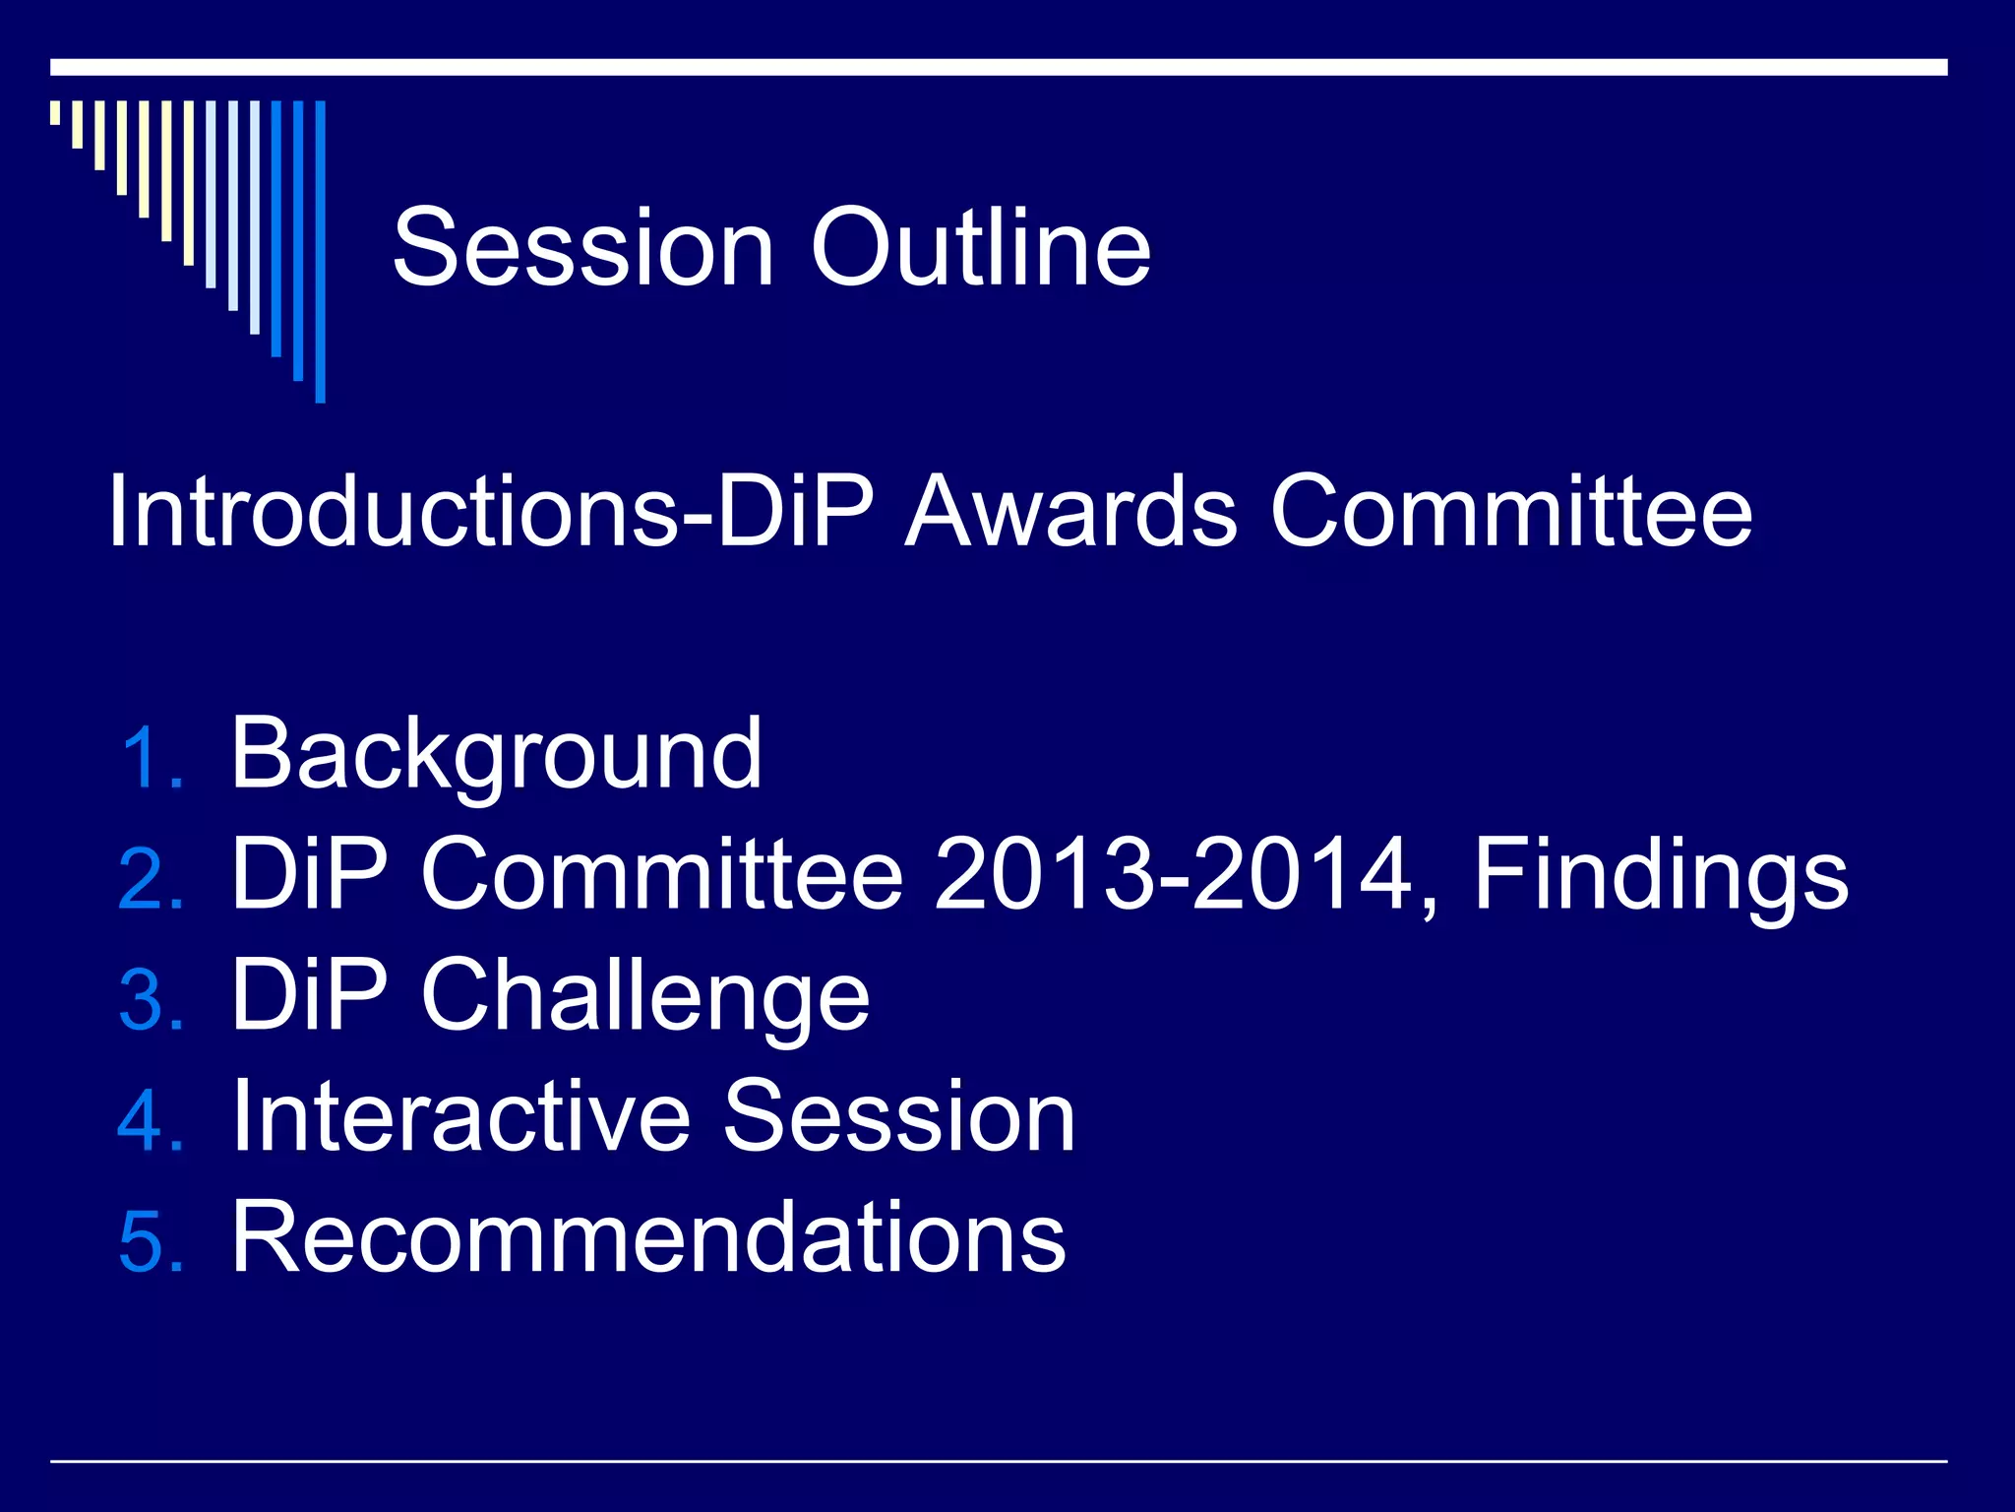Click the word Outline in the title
pyautogui.click(x=980, y=248)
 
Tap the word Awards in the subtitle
pyautogui.click(x=1070, y=512)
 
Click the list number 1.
pyautogui.click(x=150, y=758)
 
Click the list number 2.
pyautogui.click(x=150, y=879)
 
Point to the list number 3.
pyautogui.click(x=150, y=1000)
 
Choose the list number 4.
pyautogui.click(x=150, y=1121)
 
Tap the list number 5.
pyautogui.click(x=150, y=1242)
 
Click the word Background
pyautogui.click(x=496, y=756)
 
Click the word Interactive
pyautogui.click(x=462, y=1116)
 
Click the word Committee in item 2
pyautogui.click(x=661, y=874)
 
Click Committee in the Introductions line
pyautogui.click(x=1511, y=512)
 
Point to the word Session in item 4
pyautogui.click(x=899, y=1116)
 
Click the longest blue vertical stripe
pyautogui.click(x=320, y=251)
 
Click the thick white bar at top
pyautogui.click(x=998, y=67)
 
